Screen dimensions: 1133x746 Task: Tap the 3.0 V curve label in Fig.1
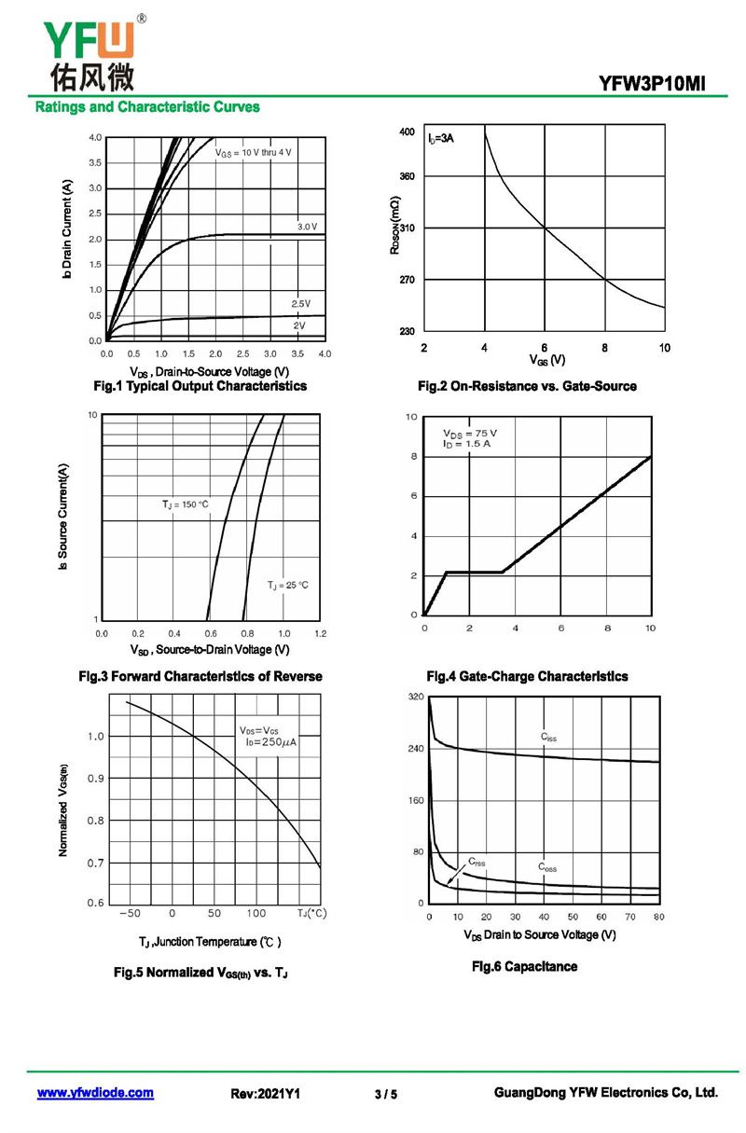coord(308,227)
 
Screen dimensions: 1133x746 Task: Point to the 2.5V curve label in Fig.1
coord(300,304)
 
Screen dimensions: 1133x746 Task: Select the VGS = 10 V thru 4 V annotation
coord(254,152)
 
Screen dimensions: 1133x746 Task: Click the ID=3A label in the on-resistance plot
coord(441,139)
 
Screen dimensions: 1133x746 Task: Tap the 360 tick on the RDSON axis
coord(408,176)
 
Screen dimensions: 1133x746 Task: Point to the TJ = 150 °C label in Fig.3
coord(186,504)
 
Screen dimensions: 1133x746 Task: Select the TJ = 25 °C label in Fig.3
coord(287,585)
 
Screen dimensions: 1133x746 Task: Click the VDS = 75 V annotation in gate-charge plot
coord(470,434)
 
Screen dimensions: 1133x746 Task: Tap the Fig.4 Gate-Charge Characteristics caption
coord(527,676)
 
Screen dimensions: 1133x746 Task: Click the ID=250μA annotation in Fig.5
coord(269,742)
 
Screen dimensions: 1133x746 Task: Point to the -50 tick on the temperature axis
coord(130,914)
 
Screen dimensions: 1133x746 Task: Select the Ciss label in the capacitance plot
coord(549,737)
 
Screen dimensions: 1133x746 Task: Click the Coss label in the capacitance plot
coord(547,867)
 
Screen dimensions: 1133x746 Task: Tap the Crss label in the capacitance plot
coord(477,862)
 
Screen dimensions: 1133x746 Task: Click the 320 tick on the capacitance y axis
coord(415,698)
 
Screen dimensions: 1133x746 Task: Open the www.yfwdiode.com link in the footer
coord(95,1093)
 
